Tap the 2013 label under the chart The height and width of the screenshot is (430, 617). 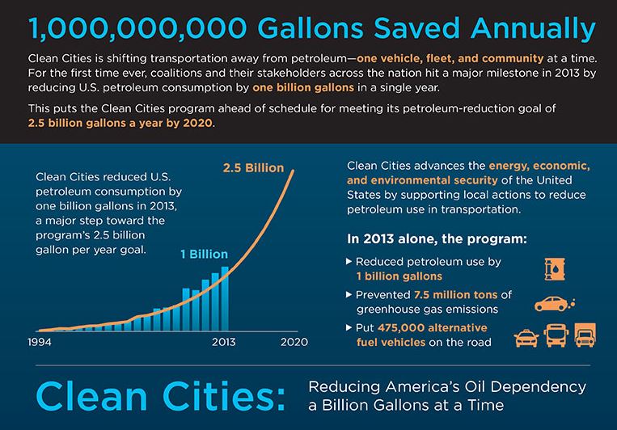pyautogui.click(x=223, y=342)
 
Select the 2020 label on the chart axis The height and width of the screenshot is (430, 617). pyautogui.click(x=294, y=342)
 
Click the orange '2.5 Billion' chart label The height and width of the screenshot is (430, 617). pyautogui.click(x=253, y=169)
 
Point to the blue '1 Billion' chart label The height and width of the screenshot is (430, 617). pyautogui.click(x=205, y=254)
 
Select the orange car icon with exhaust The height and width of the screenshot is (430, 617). pyautogui.click(x=553, y=304)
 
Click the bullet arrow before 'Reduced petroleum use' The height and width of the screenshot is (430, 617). pyautogui.click(x=349, y=261)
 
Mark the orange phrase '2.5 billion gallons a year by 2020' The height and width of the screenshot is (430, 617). pyautogui.click(x=121, y=124)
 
